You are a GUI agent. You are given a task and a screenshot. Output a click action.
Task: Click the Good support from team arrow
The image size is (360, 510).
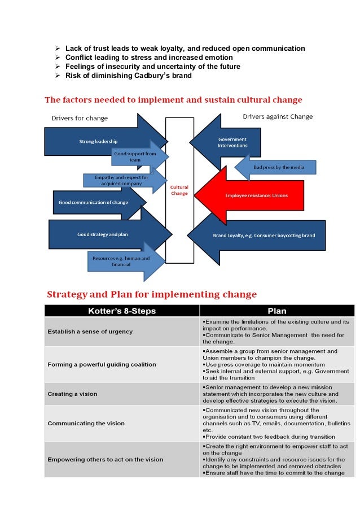pyautogui.click(x=135, y=156)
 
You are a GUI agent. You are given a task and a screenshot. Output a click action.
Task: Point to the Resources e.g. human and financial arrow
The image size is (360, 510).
pyautogui.click(x=121, y=261)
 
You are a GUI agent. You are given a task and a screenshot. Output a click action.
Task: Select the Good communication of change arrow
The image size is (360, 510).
pyautogui.click(x=94, y=202)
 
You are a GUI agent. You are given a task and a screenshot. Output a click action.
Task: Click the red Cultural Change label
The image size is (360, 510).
pyautogui.click(x=179, y=190)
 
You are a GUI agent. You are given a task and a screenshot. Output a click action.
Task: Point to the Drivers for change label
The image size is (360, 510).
pyautogui.click(x=80, y=118)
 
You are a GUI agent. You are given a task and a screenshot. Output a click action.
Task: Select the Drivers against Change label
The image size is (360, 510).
pyautogui.click(x=278, y=117)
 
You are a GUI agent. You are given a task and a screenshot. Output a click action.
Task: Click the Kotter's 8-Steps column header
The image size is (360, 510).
pyautogui.click(x=122, y=311)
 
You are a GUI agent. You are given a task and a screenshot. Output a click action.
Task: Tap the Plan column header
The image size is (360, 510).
pyautogui.click(x=277, y=311)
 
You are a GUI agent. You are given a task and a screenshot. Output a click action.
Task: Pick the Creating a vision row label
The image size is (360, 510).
pyautogui.click(x=72, y=394)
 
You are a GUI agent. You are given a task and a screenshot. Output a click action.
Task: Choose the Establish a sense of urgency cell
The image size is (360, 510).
pyautogui.click(x=90, y=332)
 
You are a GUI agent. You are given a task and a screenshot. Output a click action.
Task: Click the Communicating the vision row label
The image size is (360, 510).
pyautogui.click(x=86, y=423)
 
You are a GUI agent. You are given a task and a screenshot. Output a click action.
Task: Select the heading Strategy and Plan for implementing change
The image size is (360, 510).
pyautogui.click(x=151, y=294)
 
